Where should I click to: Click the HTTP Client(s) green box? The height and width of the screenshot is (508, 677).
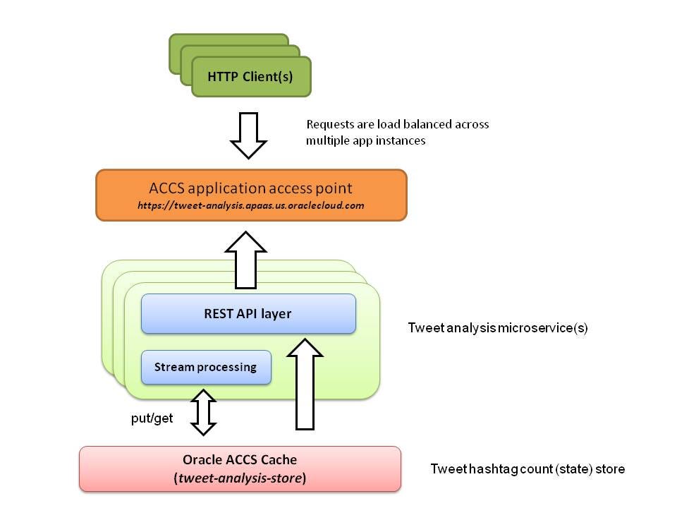click(x=251, y=76)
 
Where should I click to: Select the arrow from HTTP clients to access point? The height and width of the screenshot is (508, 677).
click(x=248, y=135)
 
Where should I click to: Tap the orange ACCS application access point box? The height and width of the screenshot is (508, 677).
click(x=251, y=195)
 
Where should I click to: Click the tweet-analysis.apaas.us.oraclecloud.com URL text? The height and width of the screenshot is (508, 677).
click(x=251, y=205)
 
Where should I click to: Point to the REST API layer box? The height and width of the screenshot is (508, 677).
click(x=248, y=313)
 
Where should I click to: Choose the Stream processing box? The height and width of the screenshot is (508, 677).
click(x=206, y=367)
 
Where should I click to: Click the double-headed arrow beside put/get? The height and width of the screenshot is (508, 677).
click(x=203, y=413)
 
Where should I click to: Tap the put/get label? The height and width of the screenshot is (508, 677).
click(x=152, y=418)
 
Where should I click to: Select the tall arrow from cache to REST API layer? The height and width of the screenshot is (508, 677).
click(x=305, y=384)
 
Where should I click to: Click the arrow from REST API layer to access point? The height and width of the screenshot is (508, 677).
click(x=245, y=260)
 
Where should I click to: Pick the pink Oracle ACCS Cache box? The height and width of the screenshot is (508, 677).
click(x=240, y=468)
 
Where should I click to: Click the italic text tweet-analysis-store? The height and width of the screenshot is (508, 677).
click(x=240, y=478)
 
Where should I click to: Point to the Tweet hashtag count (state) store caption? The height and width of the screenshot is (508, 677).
click(x=527, y=469)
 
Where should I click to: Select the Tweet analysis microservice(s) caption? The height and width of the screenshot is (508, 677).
click(x=498, y=328)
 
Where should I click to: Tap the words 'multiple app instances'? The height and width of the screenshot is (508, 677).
click(x=366, y=141)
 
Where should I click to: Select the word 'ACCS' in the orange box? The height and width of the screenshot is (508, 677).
click(x=166, y=188)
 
